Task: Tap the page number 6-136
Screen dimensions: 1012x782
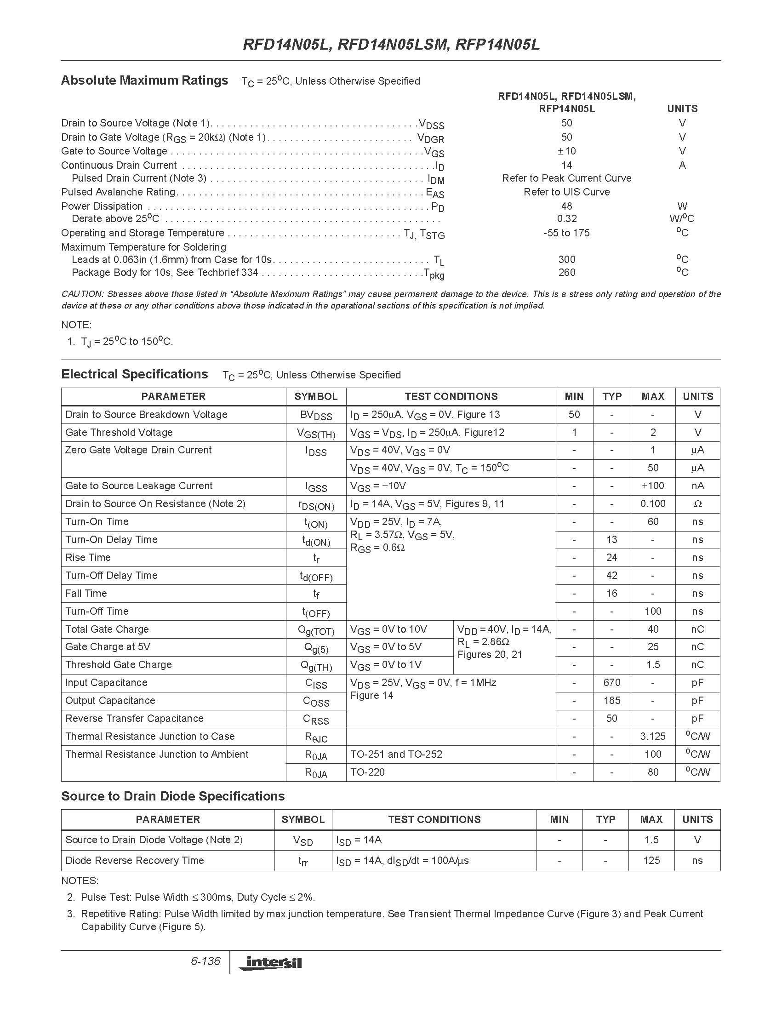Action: coord(205,961)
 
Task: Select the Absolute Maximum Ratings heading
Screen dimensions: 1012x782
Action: coord(144,80)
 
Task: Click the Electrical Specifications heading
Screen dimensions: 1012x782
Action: coord(134,374)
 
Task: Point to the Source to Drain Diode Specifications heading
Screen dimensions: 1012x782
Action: coord(173,796)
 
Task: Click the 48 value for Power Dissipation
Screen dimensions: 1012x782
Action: coord(566,206)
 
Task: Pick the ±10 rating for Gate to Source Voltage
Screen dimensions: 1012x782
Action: coord(566,151)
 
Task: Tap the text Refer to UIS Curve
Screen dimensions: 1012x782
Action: coord(566,192)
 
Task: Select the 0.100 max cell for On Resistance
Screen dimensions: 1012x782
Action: coord(652,503)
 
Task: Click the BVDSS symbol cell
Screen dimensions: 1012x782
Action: coord(316,415)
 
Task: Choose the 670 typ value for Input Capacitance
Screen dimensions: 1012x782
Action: coord(611,682)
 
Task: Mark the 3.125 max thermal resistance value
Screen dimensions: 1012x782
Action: coord(652,736)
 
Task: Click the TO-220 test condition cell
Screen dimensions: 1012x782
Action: coord(367,772)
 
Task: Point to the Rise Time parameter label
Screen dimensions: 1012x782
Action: coord(88,557)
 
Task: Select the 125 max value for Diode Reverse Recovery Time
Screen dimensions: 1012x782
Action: coord(651,860)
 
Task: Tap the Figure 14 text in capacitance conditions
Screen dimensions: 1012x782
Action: coord(371,696)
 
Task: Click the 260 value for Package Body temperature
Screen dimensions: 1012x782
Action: coord(566,273)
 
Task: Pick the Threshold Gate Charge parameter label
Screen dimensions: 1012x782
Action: coord(119,664)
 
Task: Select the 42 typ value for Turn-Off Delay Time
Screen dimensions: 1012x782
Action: coord(611,576)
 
